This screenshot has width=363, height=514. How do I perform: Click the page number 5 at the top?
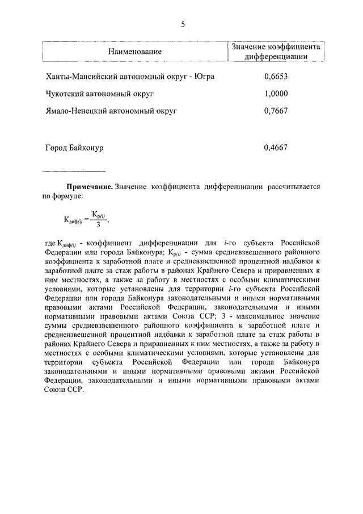(182, 24)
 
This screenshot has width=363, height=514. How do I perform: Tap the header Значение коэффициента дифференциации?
(276, 52)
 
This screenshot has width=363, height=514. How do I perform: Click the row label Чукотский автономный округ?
(100, 94)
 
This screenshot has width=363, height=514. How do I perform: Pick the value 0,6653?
(276, 77)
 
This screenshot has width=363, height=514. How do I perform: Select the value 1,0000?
(276, 94)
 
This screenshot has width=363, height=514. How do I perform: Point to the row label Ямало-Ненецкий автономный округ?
(111, 111)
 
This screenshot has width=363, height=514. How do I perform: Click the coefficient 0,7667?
(276, 111)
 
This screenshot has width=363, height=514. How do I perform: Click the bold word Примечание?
(89, 186)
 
